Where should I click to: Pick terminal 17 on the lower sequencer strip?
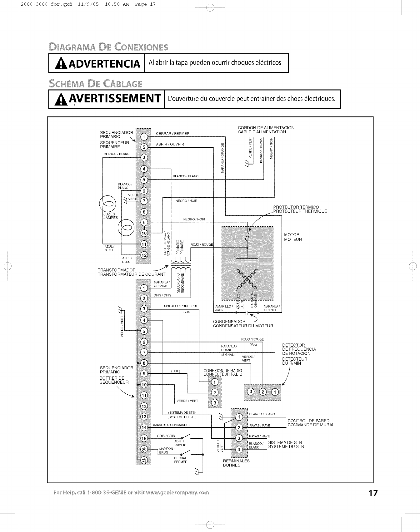pos(144,460)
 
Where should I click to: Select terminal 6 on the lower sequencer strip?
pos(144,342)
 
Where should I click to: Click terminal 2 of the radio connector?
pos(214,392)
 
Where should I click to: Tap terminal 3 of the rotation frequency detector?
pos(251,392)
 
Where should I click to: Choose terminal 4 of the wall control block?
pos(239,450)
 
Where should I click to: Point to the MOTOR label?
pos(292,234)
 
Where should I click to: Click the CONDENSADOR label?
pos(229,322)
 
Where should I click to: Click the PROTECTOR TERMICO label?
pos(296,207)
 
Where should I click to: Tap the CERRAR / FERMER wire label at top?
pos(172,134)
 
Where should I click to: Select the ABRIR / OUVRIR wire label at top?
pos(170,144)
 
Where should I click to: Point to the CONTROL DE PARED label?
pos(308,421)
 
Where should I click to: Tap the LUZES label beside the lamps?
pos(109,214)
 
